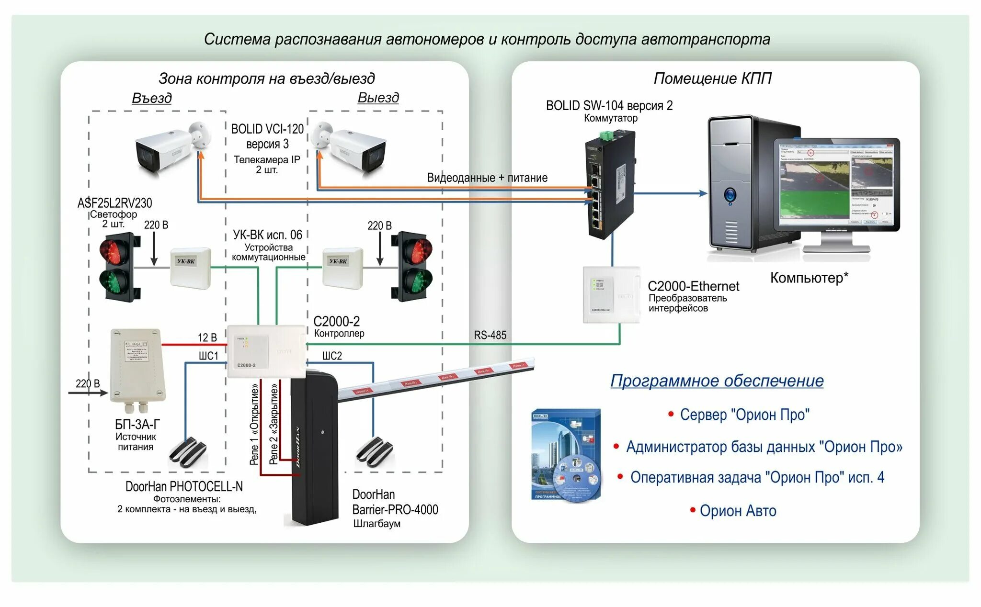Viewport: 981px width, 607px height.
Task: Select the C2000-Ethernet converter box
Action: point(611,295)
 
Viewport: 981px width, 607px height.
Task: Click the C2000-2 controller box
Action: point(266,351)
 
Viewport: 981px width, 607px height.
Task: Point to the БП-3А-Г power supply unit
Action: point(137,366)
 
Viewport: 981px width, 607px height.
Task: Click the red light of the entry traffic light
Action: point(114,251)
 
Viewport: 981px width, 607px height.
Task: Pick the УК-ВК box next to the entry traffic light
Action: point(190,268)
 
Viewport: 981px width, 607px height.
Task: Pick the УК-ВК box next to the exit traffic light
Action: point(342,268)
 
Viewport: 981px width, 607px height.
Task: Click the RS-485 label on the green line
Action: point(490,335)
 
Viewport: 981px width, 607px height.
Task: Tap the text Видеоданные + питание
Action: point(487,178)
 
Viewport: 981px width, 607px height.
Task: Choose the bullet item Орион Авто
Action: point(738,511)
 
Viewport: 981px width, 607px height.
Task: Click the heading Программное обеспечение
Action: point(717,381)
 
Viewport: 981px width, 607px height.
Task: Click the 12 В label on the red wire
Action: point(207,337)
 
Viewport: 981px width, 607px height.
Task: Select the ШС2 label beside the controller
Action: point(331,356)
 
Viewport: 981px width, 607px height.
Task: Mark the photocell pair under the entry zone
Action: point(188,451)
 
